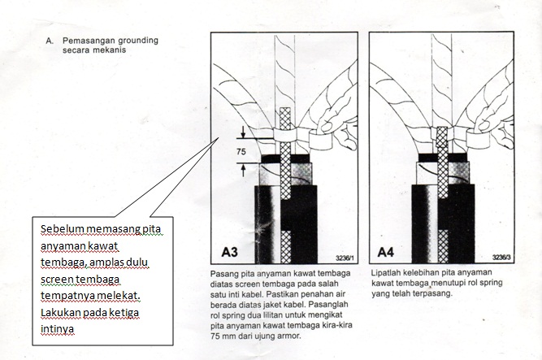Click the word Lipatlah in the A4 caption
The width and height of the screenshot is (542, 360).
point(388,274)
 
